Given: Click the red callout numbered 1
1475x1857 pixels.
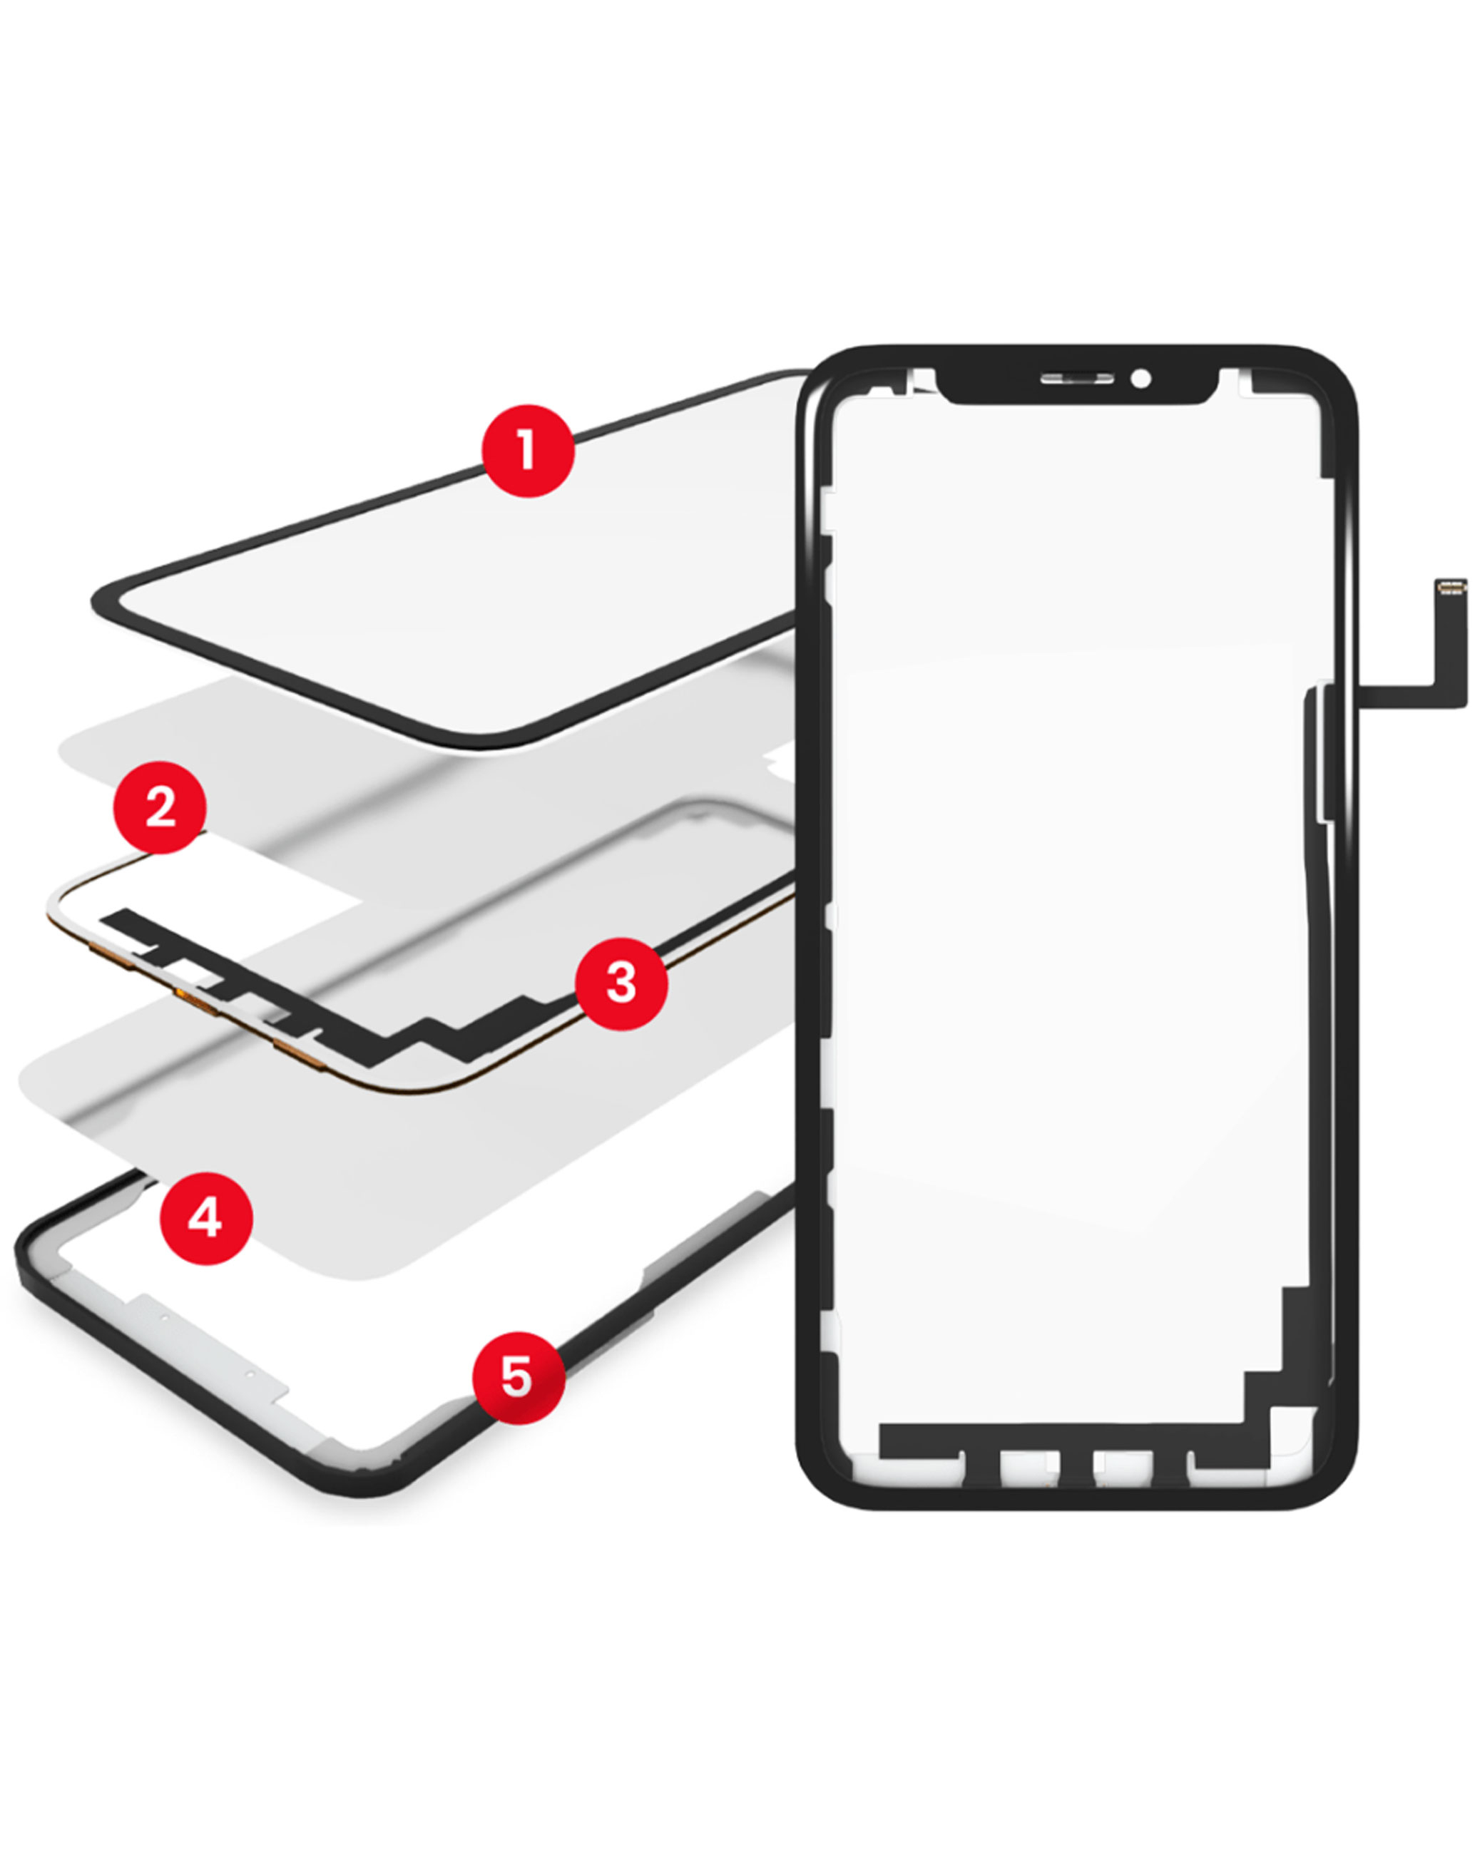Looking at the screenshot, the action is point(527,451).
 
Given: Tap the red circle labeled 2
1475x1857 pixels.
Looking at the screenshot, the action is point(160,807).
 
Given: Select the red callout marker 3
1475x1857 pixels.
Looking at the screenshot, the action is point(621,983).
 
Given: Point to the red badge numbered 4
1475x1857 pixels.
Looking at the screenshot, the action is point(206,1218).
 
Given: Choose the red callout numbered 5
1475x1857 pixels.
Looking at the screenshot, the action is point(519,1377).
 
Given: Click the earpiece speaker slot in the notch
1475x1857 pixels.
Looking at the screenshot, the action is point(1076,379).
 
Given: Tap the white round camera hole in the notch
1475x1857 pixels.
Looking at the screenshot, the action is point(1140,379).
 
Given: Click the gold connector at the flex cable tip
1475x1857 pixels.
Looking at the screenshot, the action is point(1451,588).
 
